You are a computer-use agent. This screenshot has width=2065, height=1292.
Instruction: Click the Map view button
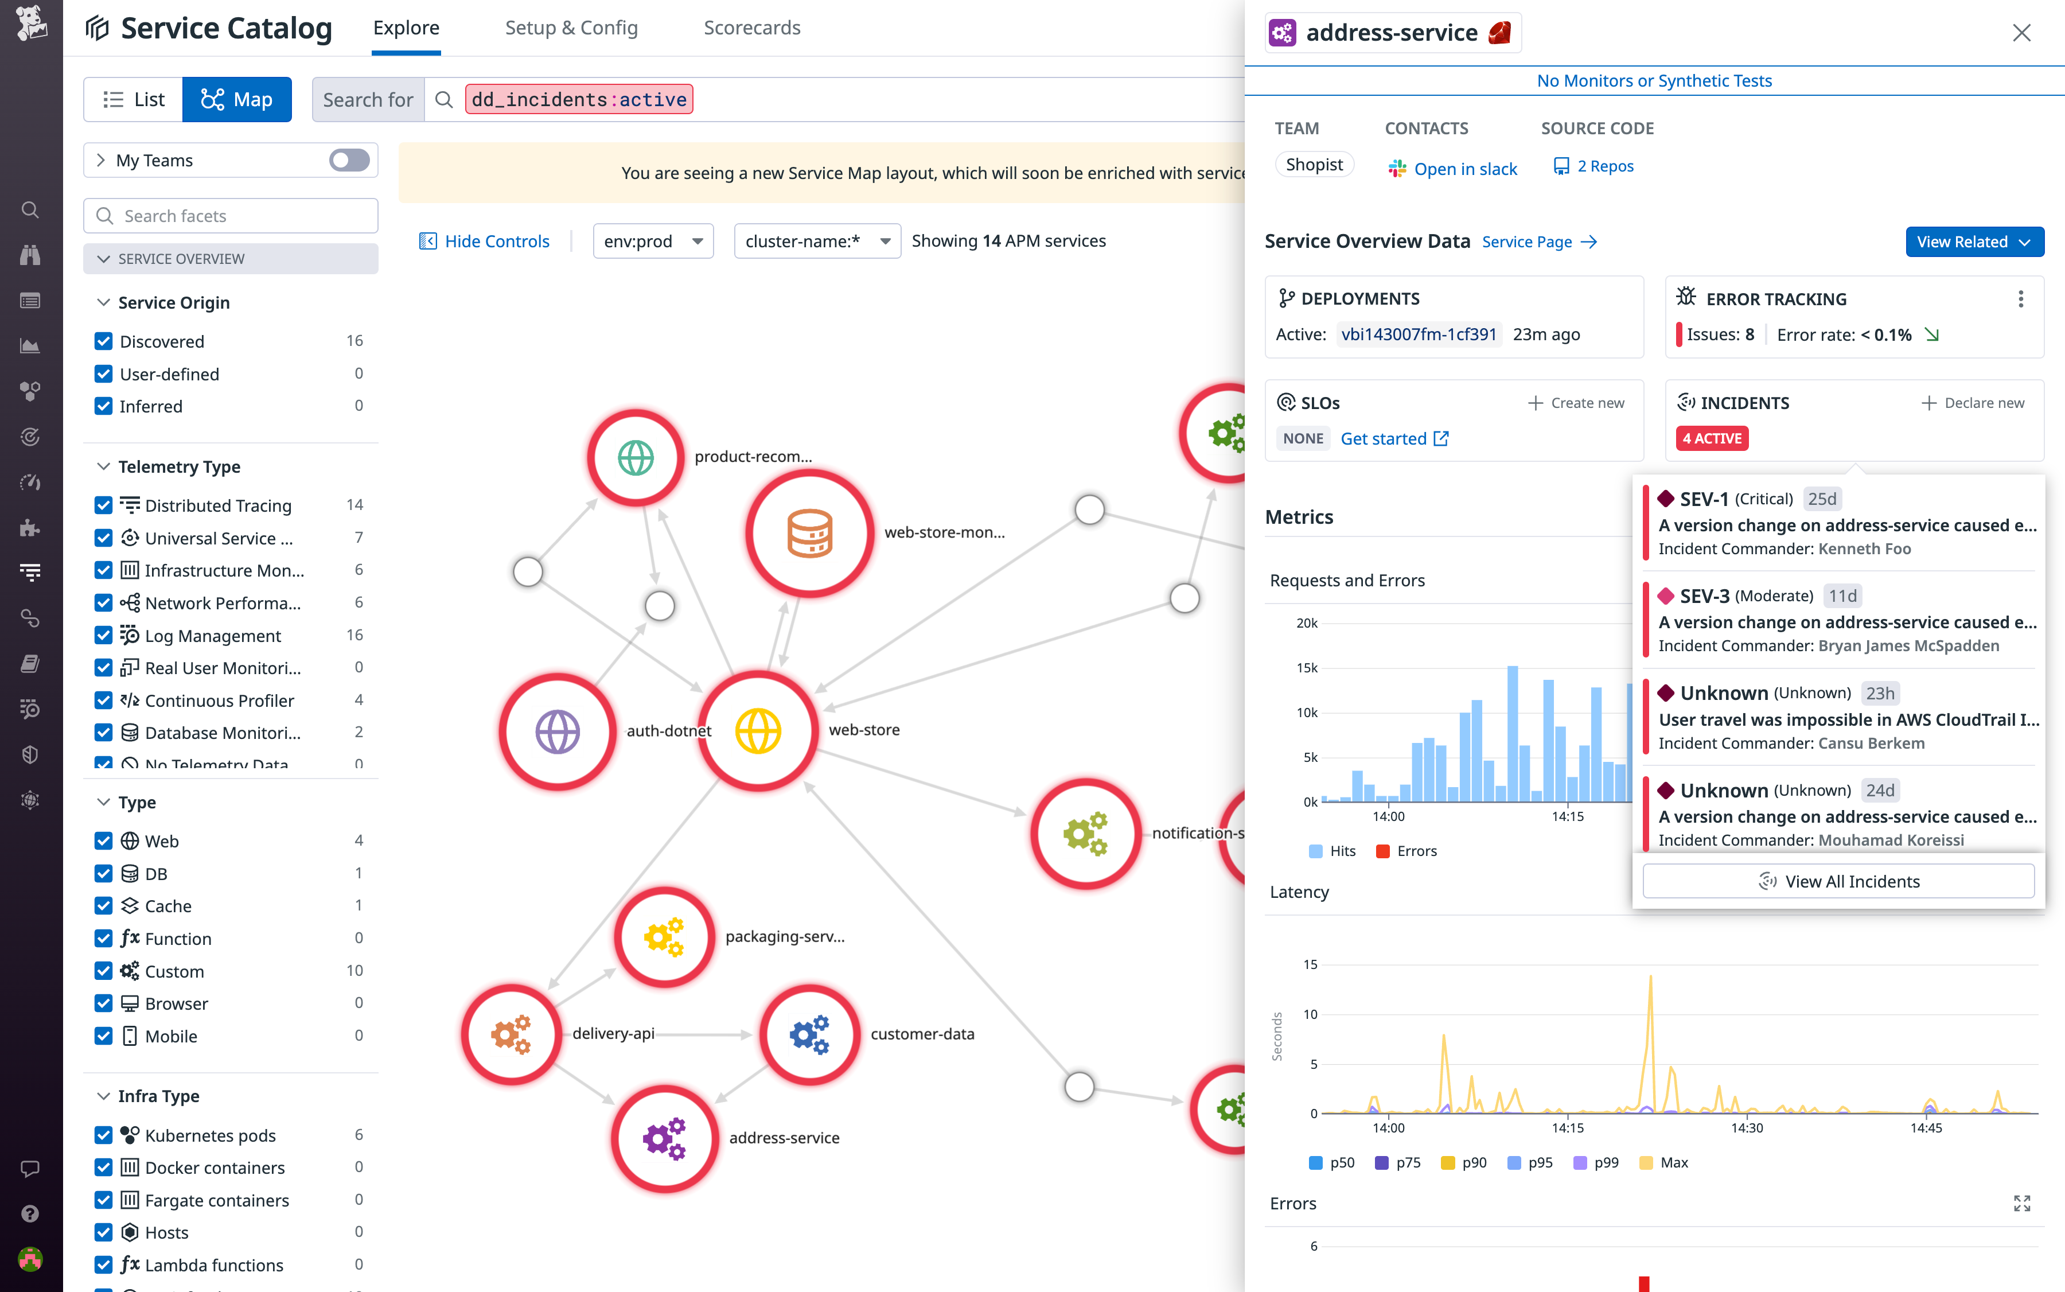pyautogui.click(x=237, y=100)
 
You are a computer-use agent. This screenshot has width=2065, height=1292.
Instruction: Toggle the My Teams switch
pyautogui.click(x=349, y=161)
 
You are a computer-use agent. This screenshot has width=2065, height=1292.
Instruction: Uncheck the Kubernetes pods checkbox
pyautogui.click(x=103, y=1135)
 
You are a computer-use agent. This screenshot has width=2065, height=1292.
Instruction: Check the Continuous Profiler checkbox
pyautogui.click(x=103, y=700)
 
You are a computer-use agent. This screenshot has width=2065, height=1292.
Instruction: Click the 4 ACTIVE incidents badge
pyautogui.click(x=1711, y=438)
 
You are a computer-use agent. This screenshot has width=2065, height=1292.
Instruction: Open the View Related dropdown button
pyautogui.click(x=1974, y=242)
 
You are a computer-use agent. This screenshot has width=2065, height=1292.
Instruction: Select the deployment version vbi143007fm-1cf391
pyautogui.click(x=1418, y=334)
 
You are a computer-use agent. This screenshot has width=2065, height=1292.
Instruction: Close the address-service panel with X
pyautogui.click(x=2021, y=33)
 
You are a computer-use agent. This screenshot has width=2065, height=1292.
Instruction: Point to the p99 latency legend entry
pyautogui.click(x=1596, y=1162)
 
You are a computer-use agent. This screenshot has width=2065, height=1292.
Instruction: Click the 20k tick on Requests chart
pyautogui.click(x=1306, y=623)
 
